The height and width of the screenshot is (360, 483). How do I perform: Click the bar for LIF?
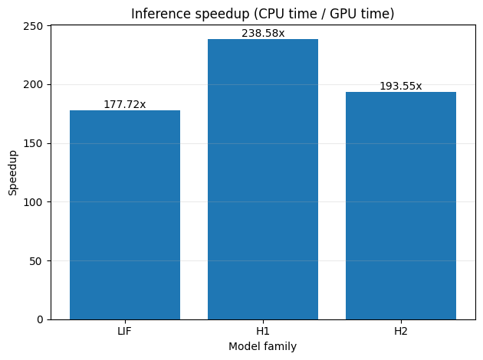125,214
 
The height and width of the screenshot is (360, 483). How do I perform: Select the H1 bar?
263,179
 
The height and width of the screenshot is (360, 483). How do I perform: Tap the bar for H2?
401,205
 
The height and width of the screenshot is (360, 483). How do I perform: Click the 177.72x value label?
125,105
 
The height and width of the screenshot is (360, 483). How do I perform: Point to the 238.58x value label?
263,33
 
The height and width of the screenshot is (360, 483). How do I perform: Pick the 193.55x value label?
401,86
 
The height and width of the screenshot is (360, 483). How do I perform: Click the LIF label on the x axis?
124,331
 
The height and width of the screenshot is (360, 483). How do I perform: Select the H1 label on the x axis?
263,331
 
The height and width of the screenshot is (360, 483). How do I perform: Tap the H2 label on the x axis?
401,331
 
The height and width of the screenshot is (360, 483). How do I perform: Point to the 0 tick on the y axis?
40,319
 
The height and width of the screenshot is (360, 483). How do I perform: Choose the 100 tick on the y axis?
33,202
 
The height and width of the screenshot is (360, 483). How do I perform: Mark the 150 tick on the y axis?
33,143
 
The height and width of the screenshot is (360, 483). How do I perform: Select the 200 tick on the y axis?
33,84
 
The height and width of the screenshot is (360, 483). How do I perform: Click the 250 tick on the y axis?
33,26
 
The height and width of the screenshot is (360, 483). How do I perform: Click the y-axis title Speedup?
12,172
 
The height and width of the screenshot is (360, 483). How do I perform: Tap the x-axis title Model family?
263,346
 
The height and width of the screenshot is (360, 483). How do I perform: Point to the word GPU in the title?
342,14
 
